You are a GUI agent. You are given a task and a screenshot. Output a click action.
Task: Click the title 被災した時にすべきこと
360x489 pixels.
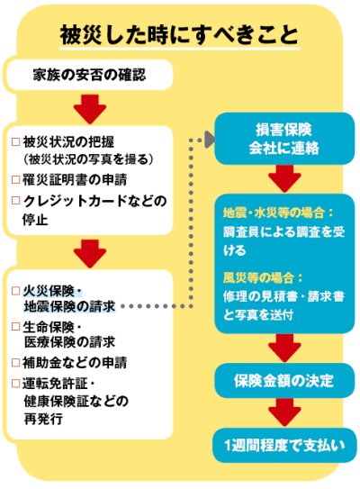[x=179, y=34]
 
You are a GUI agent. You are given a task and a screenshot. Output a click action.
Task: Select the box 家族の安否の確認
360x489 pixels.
[x=90, y=75]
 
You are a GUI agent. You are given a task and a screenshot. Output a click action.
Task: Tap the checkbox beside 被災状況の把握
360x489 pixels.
[x=15, y=142]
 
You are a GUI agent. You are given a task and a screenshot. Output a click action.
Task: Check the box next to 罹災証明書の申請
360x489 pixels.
[x=15, y=179]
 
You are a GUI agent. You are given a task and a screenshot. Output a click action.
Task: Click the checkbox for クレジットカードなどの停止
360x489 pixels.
[x=15, y=200]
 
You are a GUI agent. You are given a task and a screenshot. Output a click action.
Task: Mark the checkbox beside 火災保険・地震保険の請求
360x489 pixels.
[x=15, y=291]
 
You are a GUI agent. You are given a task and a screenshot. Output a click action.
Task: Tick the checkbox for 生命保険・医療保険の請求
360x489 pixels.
[x=15, y=327]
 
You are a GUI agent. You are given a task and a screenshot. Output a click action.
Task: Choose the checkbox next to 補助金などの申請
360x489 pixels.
[x=15, y=362]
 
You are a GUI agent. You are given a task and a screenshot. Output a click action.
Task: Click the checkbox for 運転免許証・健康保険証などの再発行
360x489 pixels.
[x=15, y=383]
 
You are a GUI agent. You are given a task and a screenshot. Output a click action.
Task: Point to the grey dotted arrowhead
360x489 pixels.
[x=210, y=140]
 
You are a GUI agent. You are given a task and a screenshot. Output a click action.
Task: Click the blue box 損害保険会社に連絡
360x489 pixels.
[x=284, y=139]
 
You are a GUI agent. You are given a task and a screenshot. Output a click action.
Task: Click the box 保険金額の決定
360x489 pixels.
[x=284, y=380]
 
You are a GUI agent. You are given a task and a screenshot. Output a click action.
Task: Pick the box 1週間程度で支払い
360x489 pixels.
[x=284, y=446]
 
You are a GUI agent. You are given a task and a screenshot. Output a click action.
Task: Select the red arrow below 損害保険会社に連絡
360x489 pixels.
[x=284, y=178]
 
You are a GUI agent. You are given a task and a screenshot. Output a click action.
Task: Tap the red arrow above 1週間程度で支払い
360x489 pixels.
[x=284, y=412]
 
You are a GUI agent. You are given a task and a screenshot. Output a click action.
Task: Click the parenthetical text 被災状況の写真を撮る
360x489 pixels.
[x=88, y=159]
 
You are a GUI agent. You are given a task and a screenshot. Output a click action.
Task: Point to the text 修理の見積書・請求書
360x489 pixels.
[x=283, y=296]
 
